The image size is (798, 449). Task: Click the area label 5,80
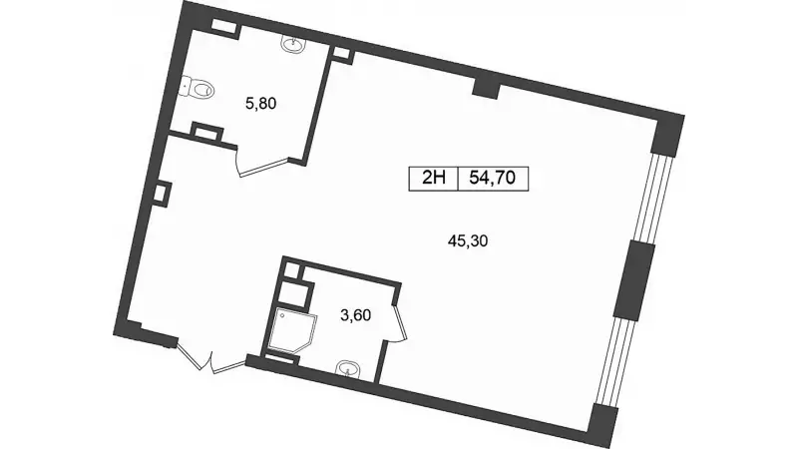point(260,104)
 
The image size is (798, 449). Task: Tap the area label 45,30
point(468,240)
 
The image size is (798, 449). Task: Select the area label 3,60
point(355,315)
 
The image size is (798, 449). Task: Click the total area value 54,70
point(493,179)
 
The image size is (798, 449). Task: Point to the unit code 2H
point(434,179)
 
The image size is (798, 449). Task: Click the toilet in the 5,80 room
point(198,89)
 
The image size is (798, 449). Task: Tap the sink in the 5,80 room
point(293,45)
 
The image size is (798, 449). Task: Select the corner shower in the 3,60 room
point(291,330)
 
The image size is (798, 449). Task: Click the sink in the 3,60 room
point(347,369)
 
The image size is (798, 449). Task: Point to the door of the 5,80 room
point(265,166)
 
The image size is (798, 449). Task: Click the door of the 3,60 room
point(400,321)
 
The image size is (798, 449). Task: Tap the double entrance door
point(209,358)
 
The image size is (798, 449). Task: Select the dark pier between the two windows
point(633,280)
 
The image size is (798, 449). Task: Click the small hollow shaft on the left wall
point(161,194)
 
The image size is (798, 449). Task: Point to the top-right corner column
point(667,135)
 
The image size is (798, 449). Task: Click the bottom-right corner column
point(602,425)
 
